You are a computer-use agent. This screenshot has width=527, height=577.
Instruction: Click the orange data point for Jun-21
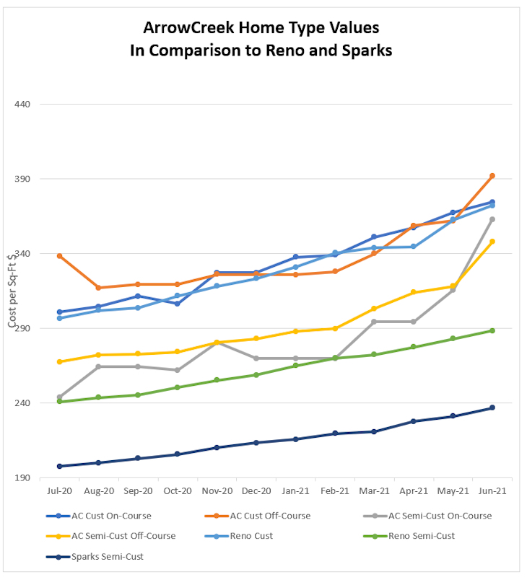pos(492,176)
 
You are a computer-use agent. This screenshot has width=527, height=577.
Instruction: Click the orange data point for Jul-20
pos(59,256)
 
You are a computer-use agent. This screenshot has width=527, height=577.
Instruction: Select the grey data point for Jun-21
pos(492,219)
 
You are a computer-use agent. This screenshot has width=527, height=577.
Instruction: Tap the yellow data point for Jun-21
pos(492,242)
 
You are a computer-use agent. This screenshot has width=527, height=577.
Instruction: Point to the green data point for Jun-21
pos(492,330)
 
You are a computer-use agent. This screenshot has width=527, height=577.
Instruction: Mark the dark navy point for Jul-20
pos(59,466)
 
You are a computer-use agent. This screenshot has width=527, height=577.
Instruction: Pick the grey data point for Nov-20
pos(217,343)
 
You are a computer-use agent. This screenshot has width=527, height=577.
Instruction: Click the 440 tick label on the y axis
pos(22,104)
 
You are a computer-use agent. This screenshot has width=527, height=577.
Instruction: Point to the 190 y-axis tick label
pos(22,477)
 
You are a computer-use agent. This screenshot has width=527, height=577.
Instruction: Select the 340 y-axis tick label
pos(22,254)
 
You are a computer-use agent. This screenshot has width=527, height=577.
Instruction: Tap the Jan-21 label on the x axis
pos(295,490)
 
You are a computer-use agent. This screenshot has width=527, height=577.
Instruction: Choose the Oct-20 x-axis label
pos(177,490)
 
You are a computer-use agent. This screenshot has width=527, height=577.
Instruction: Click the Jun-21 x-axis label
pos(492,490)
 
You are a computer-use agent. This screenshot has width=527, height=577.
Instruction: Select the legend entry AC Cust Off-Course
pos(270,516)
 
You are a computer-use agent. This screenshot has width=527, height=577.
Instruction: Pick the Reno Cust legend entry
pos(252,536)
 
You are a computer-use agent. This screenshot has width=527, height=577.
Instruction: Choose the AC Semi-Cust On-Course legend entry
pos(440,516)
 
